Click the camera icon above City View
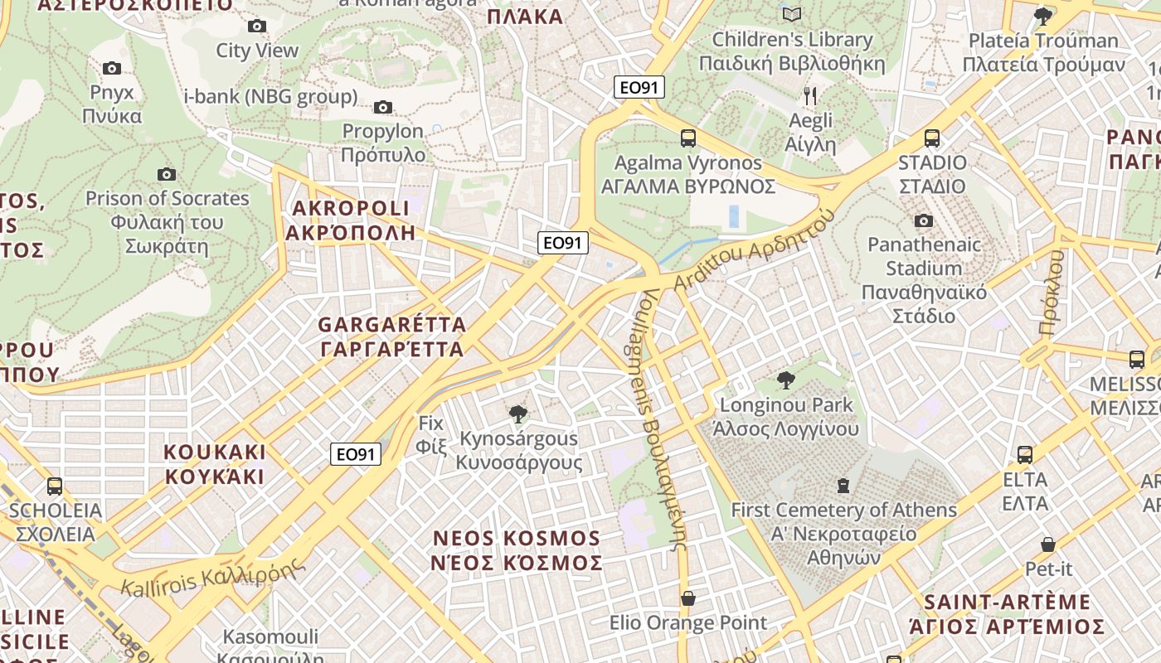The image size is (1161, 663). (x=257, y=27)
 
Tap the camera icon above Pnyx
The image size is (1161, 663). (x=112, y=68)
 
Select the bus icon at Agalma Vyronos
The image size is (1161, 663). (x=687, y=138)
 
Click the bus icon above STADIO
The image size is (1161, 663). (x=932, y=138)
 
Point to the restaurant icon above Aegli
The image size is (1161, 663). (x=810, y=96)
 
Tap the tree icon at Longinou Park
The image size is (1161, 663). (x=785, y=380)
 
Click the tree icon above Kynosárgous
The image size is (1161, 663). (x=518, y=414)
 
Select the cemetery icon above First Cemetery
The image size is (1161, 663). (x=843, y=486)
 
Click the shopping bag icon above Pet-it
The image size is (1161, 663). (x=1048, y=544)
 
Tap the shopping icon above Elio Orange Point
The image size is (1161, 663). (x=687, y=598)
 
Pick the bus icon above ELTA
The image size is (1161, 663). (x=1025, y=455)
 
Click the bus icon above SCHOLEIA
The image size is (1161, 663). (x=55, y=486)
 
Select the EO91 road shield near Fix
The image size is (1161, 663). (x=356, y=454)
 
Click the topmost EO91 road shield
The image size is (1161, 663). (x=639, y=87)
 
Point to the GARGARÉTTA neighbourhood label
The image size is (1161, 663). (x=391, y=336)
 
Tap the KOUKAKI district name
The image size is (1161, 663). (x=215, y=464)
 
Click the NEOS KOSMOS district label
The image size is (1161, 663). (x=517, y=550)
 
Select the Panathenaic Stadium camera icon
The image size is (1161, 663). (x=923, y=220)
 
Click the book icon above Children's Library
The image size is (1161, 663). (x=792, y=15)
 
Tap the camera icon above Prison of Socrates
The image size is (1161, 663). (x=167, y=174)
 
